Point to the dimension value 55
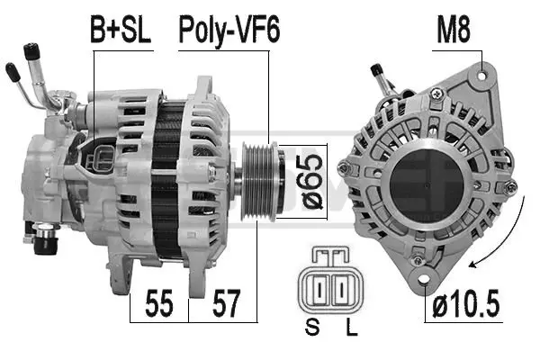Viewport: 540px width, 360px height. pos(158,304)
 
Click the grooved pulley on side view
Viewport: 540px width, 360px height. pos(259,180)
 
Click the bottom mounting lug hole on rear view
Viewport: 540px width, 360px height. pos(417,262)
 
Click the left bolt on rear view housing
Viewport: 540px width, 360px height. pos(342,167)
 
